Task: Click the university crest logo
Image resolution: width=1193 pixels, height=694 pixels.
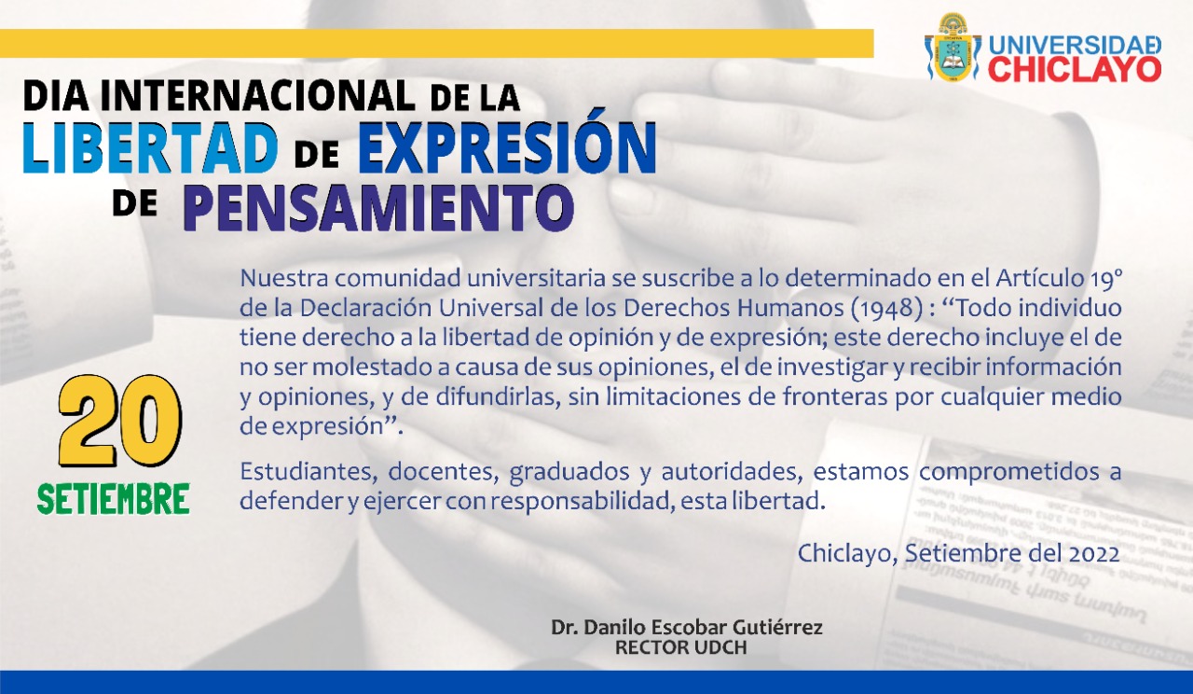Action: tap(953, 48)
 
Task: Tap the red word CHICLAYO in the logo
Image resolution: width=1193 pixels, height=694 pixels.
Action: tap(1075, 69)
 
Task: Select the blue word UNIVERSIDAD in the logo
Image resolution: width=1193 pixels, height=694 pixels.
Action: tap(1075, 46)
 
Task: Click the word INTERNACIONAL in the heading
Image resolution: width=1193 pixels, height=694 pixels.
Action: tap(257, 96)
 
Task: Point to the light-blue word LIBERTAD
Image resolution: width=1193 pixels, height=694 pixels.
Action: tap(150, 147)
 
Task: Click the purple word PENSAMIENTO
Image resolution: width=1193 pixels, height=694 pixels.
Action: tap(378, 207)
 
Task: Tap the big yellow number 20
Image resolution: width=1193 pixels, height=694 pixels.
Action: tap(120, 421)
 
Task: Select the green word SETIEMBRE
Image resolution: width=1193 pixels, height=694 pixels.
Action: tap(114, 498)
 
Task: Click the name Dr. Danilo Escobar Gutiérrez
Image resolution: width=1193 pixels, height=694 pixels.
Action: tap(687, 628)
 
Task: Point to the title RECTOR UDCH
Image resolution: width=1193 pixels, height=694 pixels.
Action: tap(680, 647)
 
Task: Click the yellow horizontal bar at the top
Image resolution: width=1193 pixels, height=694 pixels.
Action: tap(437, 43)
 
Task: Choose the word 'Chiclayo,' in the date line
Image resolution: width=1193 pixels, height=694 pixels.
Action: tap(848, 554)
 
